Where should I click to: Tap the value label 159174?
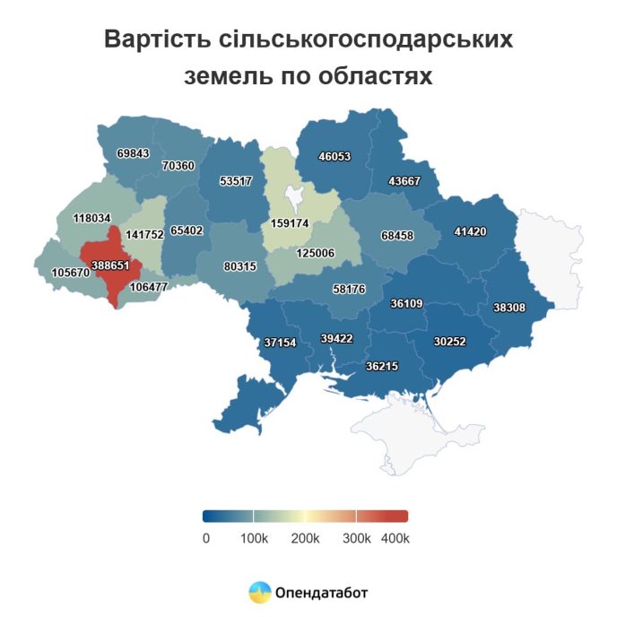(291, 222)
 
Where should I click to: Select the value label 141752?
(144, 234)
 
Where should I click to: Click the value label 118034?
(91, 218)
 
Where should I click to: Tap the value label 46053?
(335, 156)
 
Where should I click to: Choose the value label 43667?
(405, 180)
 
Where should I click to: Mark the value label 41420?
(470, 231)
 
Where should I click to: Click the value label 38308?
(509, 308)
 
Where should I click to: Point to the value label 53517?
(236, 180)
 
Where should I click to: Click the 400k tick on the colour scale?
(395, 538)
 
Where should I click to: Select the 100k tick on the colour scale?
(254, 538)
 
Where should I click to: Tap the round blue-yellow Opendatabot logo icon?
(260, 592)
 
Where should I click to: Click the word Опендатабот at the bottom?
(322, 592)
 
